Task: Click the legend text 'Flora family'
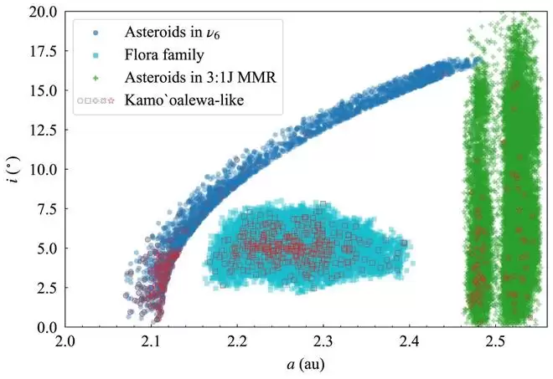(164, 56)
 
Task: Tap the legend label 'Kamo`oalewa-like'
(178, 101)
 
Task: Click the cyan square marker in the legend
(97, 56)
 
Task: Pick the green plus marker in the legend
(97, 79)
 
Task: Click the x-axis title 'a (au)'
(280, 366)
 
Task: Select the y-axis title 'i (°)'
(16, 168)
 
